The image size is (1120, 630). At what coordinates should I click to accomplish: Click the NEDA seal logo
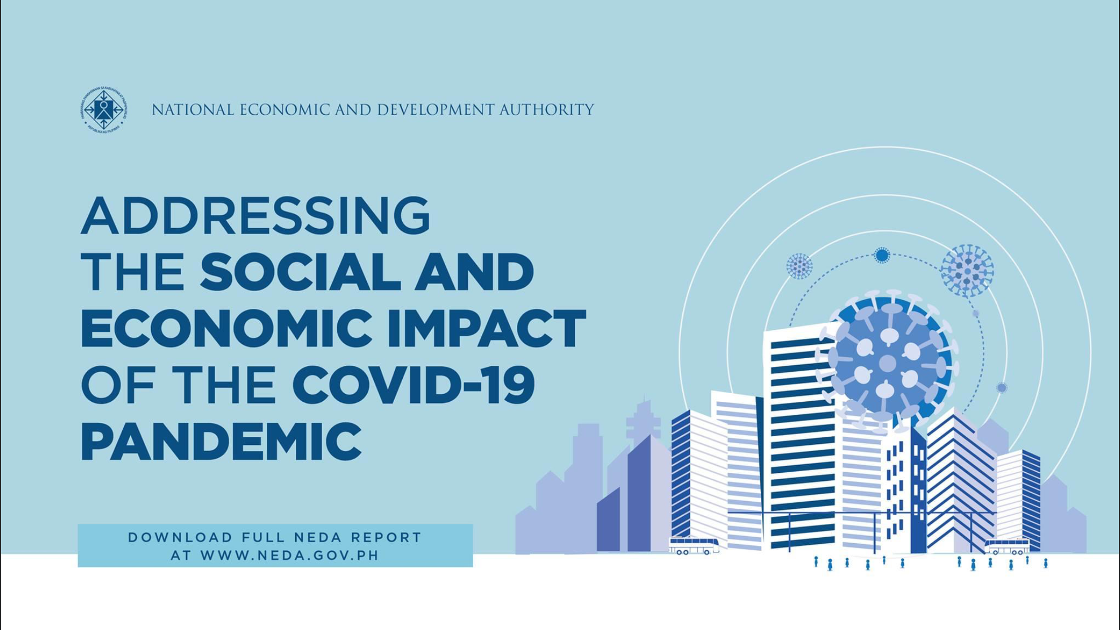pos(103,110)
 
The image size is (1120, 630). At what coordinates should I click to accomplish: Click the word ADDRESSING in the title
pos(255,216)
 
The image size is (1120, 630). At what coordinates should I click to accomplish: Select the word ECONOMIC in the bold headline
pos(226,328)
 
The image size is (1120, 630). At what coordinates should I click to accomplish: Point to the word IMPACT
pos(486,328)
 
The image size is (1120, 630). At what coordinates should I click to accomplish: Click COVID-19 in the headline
pos(413,385)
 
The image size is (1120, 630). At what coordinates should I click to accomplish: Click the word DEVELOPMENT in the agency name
pos(435,110)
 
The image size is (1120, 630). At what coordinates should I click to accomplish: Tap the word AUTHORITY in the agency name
pos(547,110)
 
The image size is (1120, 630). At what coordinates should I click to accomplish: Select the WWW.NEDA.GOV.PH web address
pos(290,555)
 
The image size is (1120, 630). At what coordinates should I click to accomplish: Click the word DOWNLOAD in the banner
pos(180,537)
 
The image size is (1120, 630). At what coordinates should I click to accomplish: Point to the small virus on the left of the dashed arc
pos(799,266)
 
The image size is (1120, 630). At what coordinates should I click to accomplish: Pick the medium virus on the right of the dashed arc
pos(967,271)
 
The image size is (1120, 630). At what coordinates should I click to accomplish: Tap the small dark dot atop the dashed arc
pos(882,255)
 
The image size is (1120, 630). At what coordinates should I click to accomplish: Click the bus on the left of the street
pos(693,546)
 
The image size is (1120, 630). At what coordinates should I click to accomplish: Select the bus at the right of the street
pos(1007,547)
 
